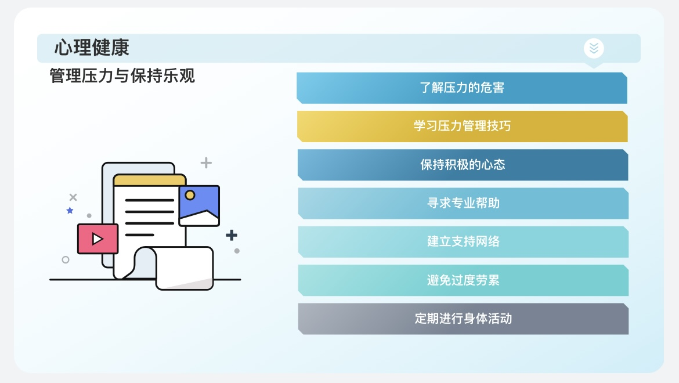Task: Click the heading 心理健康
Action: (92, 48)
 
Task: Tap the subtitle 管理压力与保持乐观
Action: (122, 76)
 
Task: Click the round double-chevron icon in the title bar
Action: (594, 48)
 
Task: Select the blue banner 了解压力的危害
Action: (462, 88)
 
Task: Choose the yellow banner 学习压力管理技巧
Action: (463, 127)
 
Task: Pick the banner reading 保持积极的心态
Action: (463, 165)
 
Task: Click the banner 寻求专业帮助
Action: (463, 204)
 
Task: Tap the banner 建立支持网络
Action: (463, 242)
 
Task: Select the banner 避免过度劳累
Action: (463, 280)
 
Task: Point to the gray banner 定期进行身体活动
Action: (463, 319)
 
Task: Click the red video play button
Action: (98, 239)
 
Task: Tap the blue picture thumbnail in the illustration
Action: (199, 206)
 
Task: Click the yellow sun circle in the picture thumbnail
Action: (190, 195)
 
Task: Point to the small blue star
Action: (70, 210)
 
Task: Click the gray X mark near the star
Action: (73, 197)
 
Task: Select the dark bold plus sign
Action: (232, 235)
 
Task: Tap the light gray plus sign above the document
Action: (206, 162)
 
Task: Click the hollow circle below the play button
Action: (66, 259)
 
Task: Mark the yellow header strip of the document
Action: (150, 180)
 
